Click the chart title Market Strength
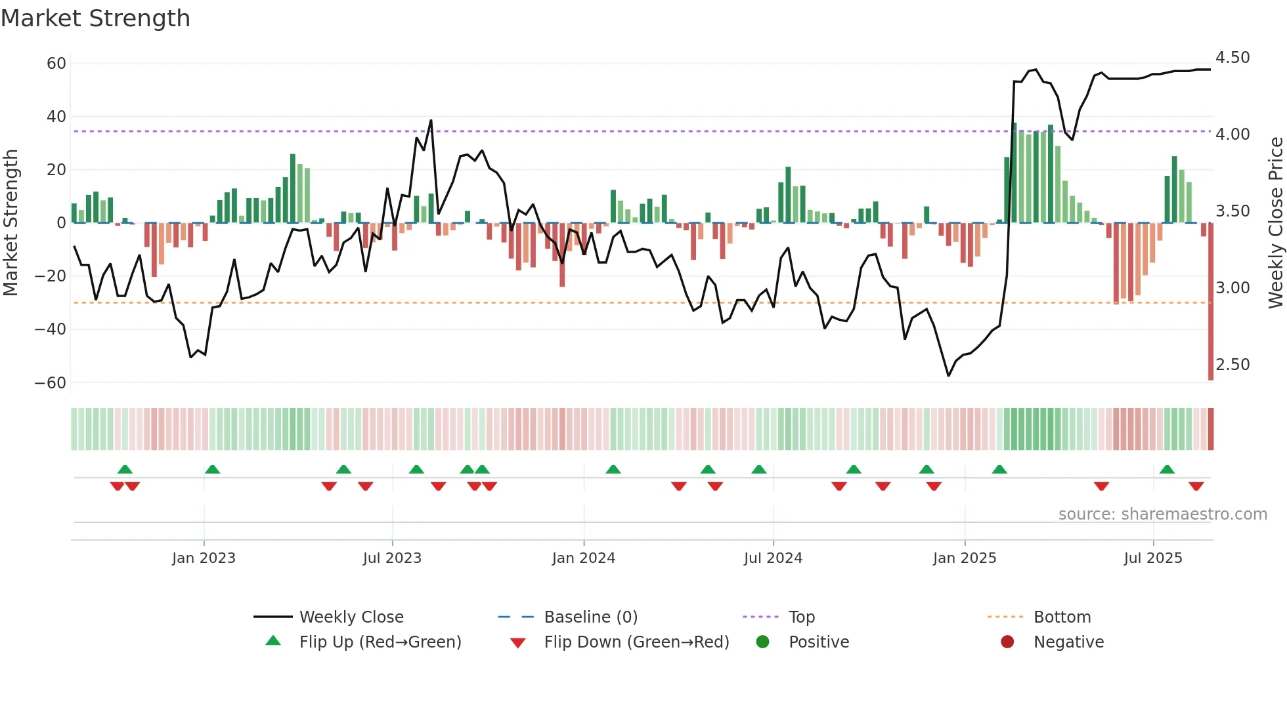(95, 18)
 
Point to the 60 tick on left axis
(56, 64)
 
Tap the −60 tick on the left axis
(51, 382)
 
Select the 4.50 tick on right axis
(1232, 58)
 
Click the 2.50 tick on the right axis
(1232, 365)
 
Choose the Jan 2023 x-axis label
(204, 558)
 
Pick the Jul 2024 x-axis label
(773, 558)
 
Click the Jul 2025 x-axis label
(1152, 558)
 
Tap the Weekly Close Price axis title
(1275, 222)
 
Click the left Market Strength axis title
(11, 222)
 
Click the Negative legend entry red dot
(1007, 642)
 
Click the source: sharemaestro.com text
(1162, 514)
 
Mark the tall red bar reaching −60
(1211, 302)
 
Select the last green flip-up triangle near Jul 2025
(1167, 469)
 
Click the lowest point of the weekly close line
(948, 375)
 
